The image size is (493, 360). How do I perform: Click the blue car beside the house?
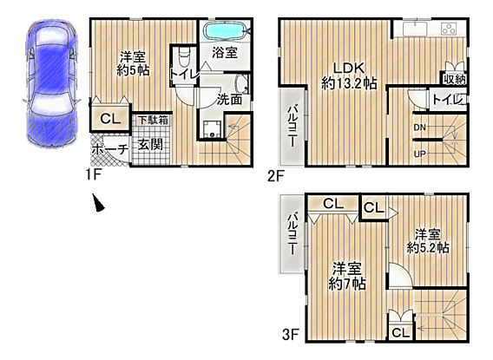[51, 83]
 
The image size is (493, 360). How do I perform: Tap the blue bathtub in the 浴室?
[225, 30]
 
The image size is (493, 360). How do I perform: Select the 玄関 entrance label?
[150, 145]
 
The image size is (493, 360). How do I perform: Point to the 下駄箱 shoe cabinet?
[154, 120]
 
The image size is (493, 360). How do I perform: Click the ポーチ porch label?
[110, 149]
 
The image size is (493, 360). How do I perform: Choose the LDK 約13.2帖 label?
[349, 75]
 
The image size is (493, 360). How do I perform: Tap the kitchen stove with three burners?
[449, 29]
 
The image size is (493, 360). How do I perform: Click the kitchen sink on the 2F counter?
[415, 29]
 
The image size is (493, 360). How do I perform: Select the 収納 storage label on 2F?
[454, 80]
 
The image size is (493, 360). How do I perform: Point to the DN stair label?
[420, 128]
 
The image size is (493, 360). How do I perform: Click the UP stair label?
[420, 154]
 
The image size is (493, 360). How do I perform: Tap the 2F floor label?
[276, 176]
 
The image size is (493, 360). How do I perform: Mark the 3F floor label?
[290, 334]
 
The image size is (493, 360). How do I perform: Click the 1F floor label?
[93, 174]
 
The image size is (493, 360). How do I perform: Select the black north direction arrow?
[98, 203]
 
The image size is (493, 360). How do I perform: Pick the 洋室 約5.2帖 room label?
[428, 241]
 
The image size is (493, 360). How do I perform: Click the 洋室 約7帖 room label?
[347, 276]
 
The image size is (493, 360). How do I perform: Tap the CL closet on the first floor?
[110, 118]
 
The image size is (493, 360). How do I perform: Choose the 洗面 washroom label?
[229, 100]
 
